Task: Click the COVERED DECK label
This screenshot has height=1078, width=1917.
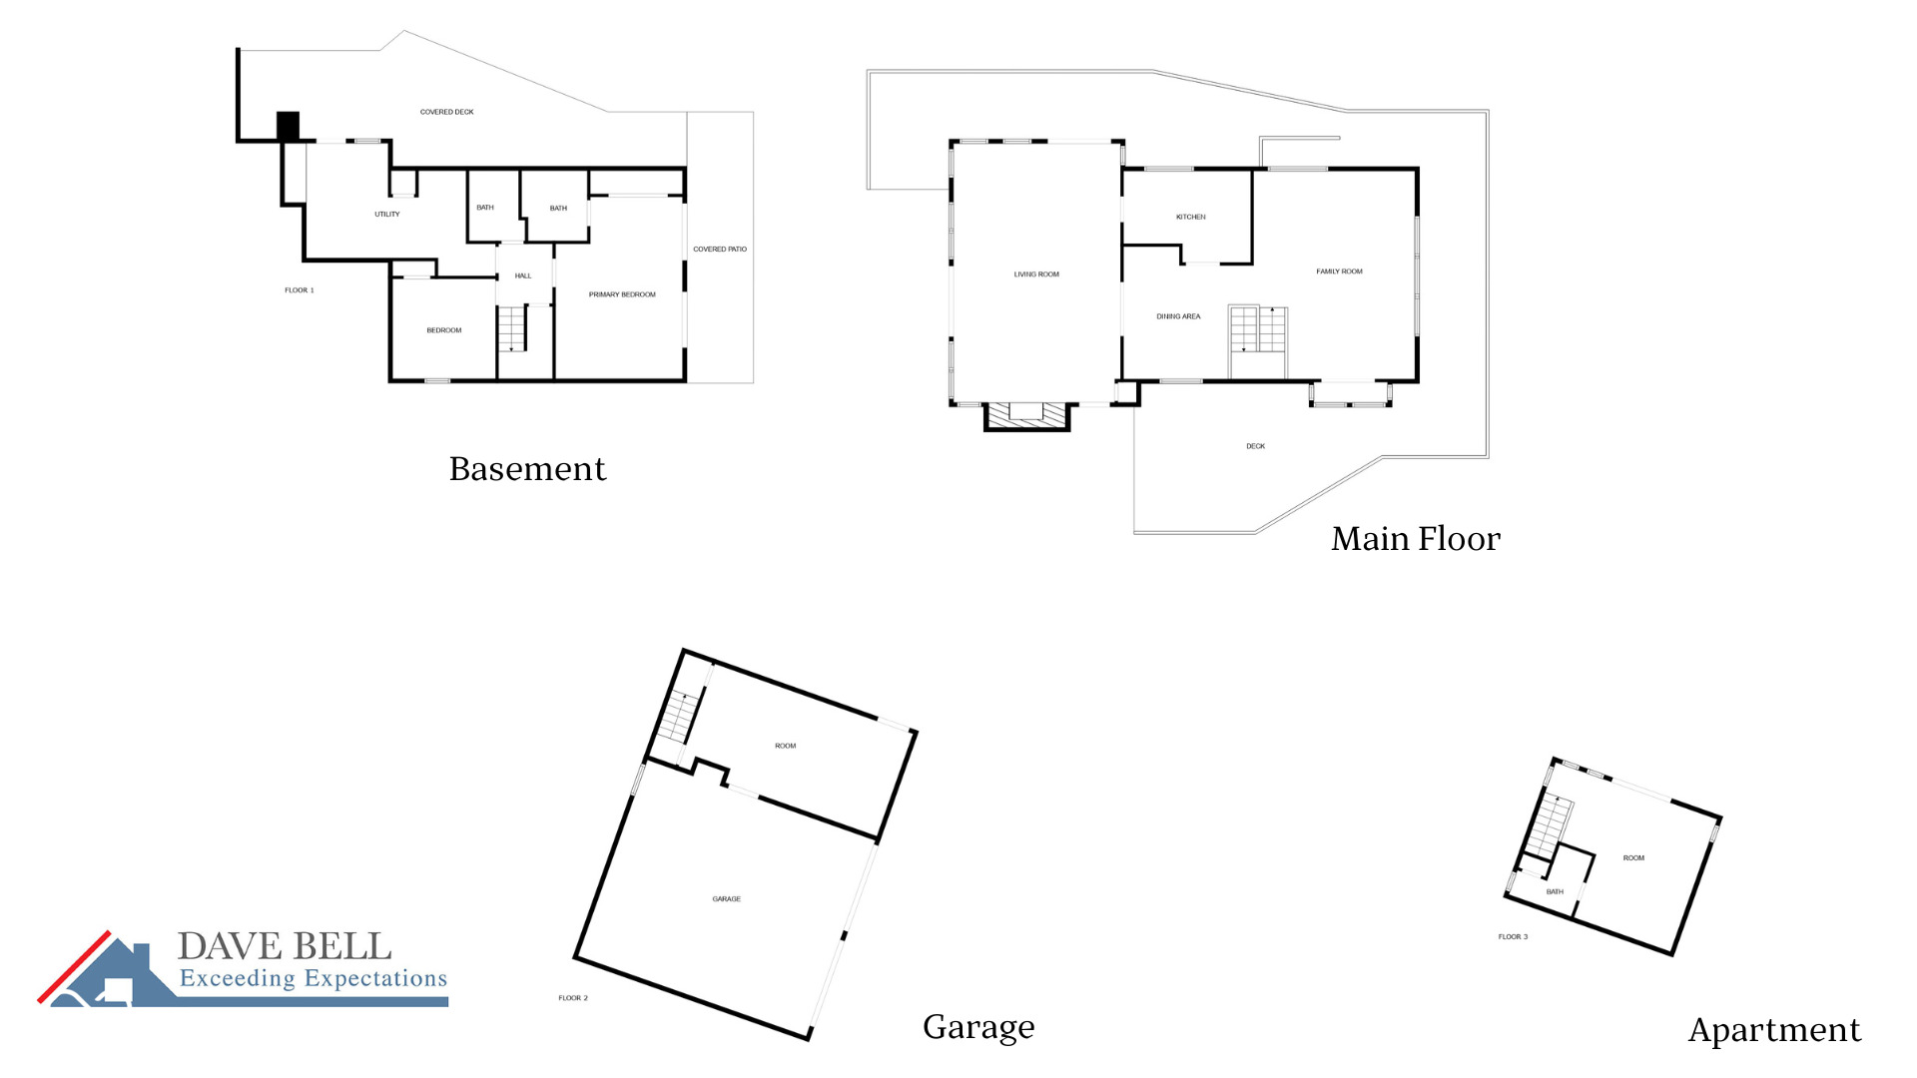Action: tap(446, 112)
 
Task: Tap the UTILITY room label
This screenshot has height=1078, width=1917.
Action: tap(387, 215)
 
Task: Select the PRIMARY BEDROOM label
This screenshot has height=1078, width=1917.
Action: tap(622, 294)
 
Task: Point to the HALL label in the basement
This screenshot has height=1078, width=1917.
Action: tap(523, 275)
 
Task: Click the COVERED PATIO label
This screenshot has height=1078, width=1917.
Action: tap(720, 250)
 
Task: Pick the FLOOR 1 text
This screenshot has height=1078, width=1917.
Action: tap(300, 290)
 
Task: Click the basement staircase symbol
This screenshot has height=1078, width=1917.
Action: tap(511, 329)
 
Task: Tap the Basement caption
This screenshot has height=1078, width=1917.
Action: tap(527, 469)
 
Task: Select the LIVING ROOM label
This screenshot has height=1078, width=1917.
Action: tap(1036, 274)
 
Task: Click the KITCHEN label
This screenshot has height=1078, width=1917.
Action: tap(1191, 217)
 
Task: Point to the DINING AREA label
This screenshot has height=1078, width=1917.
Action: tap(1178, 316)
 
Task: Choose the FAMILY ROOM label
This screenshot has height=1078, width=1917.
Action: tap(1339, 271)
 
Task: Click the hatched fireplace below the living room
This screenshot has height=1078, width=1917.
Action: tap(1026, 414)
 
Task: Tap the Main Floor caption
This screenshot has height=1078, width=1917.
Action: tap(1415, 539)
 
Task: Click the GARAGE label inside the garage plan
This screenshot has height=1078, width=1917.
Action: tap(727, 899)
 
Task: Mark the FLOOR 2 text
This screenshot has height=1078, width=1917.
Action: tap(573, 998)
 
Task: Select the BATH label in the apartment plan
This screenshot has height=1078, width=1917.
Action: tap(1555, 892)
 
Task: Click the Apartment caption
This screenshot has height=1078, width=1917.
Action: tap(1774, 1030)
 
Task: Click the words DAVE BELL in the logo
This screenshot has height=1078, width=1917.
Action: tap(285, 946)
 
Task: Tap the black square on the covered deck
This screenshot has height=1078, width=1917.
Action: tap(288, 126)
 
